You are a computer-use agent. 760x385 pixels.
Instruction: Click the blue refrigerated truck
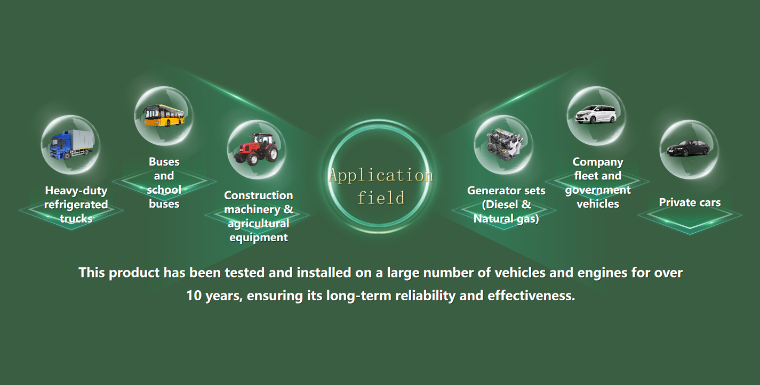[x=71, y=145]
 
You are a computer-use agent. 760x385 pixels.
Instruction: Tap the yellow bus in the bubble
[x=165, y=116]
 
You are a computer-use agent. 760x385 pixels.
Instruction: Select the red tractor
[x=256, y=149]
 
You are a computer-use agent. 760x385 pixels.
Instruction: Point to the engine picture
[x=504, y=144]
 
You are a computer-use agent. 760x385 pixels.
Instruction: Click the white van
[x=596, y=114]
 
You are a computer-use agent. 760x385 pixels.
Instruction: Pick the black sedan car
[x=688, y=148]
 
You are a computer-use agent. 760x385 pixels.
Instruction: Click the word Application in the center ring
[x=381, y=176]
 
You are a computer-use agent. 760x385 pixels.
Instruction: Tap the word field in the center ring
[x=381, y=198]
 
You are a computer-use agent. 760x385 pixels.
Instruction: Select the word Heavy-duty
[x=76, y=191]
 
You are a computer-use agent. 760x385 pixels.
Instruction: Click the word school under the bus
[x=164, y=190]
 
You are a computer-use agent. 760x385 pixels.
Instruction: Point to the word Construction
[x=259, y=195]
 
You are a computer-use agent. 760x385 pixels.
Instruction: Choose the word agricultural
[x=259, y=224]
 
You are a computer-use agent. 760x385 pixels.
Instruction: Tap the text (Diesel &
[x=507, y=204]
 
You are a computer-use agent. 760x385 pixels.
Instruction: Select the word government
[x=598, y=190]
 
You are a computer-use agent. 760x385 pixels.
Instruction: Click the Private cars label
[x=690, y=202]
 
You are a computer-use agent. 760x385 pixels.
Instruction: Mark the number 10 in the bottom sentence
[x=194, y=296]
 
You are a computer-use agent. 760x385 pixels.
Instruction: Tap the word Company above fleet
[x=598, y=162]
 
